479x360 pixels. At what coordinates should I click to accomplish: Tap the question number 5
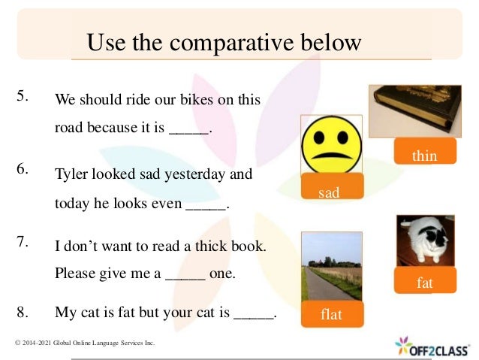coord(23,95)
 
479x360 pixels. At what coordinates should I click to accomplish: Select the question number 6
coord(23,168)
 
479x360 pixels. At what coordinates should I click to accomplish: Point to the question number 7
coord(23,241)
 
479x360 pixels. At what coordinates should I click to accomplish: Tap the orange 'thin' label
coord(424,155)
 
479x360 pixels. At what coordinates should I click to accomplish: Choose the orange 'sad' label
coord(329,192)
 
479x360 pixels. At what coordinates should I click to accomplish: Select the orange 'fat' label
coord(425,283)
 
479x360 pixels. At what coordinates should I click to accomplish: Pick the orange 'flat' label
coord(330,314)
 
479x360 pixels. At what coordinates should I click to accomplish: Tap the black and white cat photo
coord(426,241)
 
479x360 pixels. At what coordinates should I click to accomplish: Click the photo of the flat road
coord(330,266)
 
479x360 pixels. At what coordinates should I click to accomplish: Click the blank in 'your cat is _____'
coord(254,313)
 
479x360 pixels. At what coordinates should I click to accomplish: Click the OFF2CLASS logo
coord(432,346)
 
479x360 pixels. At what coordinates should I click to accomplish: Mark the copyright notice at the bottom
coord(85,343)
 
